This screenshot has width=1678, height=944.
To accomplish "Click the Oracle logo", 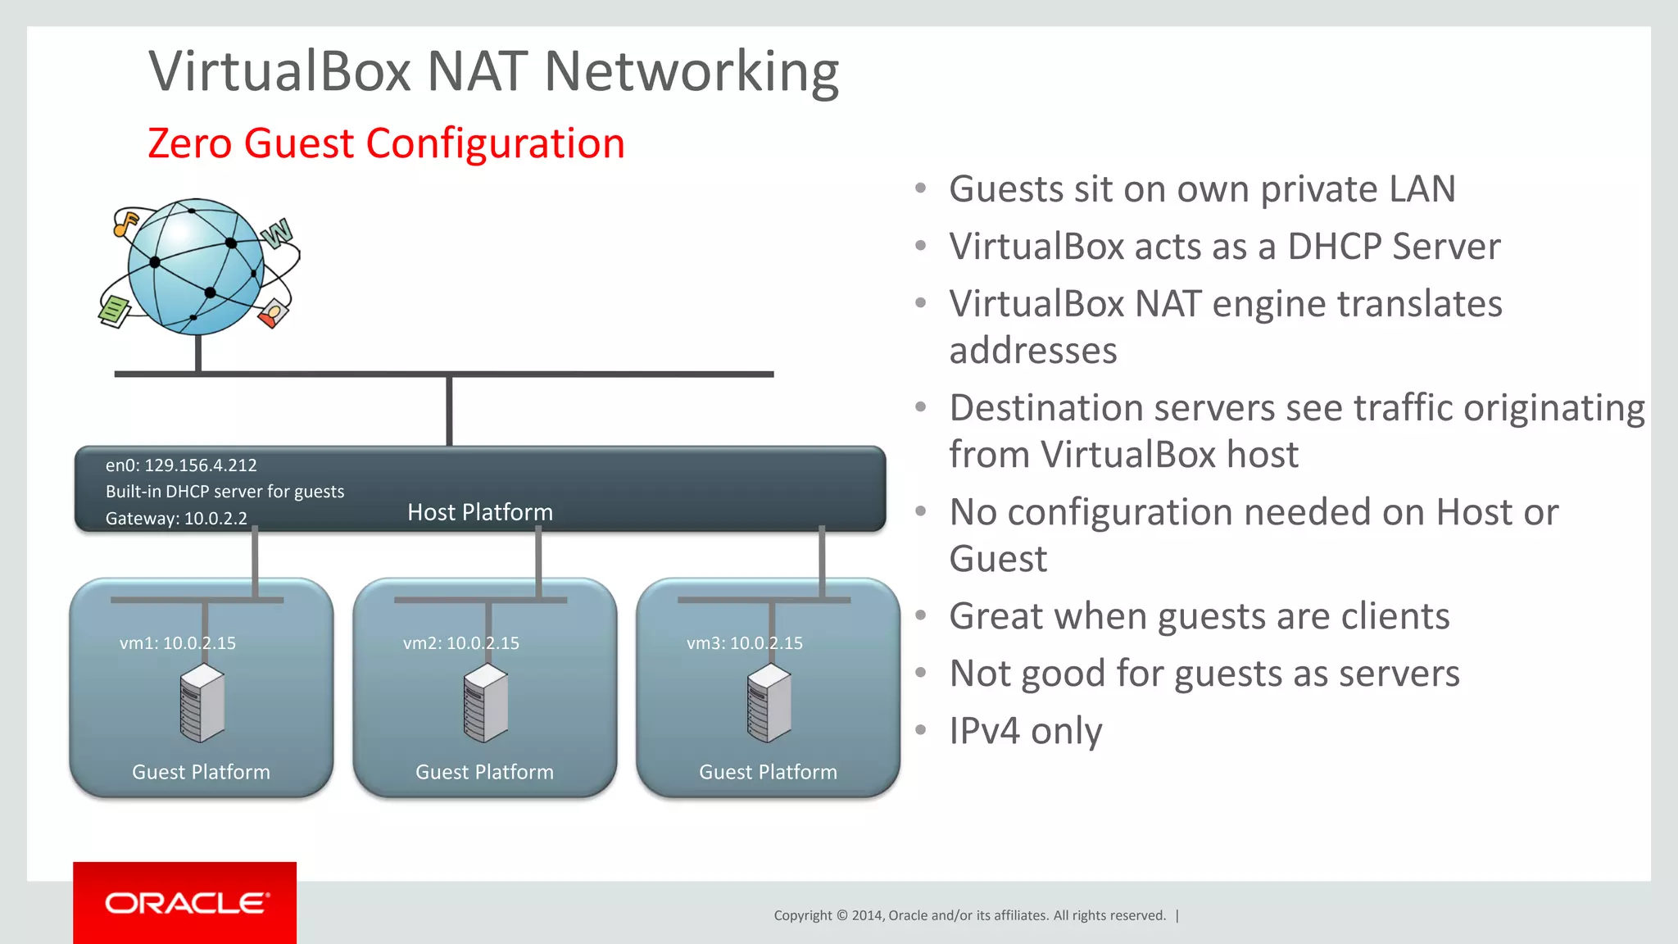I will tap(185, 903).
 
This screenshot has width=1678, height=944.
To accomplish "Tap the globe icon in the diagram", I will tap(196, 266).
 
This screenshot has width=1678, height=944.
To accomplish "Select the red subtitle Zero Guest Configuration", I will tap(386, 143).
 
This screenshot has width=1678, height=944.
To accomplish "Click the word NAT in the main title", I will tap(477, 71).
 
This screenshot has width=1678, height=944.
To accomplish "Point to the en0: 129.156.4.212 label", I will tap(181, 465).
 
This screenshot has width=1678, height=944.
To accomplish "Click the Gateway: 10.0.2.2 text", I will tap(176, 519).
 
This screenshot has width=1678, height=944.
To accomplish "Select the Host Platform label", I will tap(480, 512).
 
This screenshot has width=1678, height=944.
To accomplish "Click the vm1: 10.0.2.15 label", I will tap(178, 643).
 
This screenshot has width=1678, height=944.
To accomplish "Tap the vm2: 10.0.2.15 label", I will tap(461, 643).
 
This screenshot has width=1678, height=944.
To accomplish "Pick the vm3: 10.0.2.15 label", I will tap(745, 643).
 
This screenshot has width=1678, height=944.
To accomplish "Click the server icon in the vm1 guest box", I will tap(202, 703).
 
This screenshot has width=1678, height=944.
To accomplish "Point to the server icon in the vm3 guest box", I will tap(769, 703).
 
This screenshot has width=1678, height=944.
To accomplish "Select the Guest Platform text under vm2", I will tap(484, 772).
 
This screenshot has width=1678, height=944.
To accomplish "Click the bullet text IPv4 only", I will tap(1026, 731).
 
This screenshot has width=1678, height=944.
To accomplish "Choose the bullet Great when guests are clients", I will tap(1200, 616).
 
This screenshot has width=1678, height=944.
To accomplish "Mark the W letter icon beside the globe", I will tap(277, 234).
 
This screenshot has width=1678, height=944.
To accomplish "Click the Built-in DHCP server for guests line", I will tap(224, 492).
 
